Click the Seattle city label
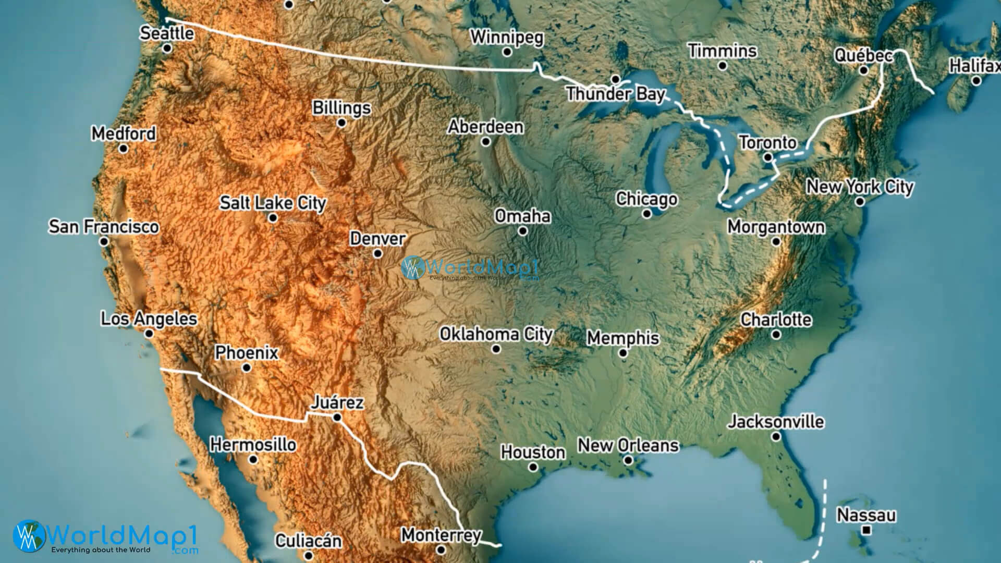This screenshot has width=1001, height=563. (167, 33)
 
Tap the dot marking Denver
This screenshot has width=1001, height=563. (377, 254)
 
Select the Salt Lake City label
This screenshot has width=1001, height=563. (273, 203)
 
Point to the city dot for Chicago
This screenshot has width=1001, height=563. (647, 214)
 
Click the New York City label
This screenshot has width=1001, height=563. (860, 187)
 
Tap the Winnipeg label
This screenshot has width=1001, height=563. (507, 38)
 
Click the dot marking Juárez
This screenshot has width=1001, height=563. (337, 417)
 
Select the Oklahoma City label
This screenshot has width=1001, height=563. (496, 334)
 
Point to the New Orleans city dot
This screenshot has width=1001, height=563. (629, 460)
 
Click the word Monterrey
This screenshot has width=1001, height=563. (441, 535)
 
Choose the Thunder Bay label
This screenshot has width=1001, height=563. (616, 94)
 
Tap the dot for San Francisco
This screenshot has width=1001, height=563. (104, 241)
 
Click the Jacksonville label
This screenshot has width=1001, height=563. (776, 421)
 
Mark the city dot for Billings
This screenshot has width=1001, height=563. (341, 123)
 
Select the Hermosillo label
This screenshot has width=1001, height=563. (253, 445)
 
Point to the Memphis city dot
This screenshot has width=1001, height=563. (623, 353)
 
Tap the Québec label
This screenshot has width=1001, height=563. (864, 55)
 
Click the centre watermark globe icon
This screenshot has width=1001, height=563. (413, 268)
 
